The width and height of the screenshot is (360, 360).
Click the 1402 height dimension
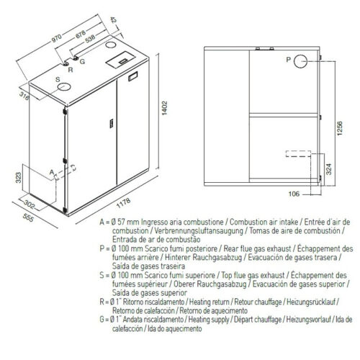coord(165,108)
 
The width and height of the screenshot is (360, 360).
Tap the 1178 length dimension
coord(124,203)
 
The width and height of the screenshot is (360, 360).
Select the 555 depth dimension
coord(28,218)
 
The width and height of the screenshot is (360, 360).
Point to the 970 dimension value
coord(57,38)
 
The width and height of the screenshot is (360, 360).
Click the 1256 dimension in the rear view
coord(340,129)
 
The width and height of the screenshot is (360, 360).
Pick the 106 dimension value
coord(294,194)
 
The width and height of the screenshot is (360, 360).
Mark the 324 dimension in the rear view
coord(329,169)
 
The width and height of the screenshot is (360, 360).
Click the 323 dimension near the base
coord(19,178)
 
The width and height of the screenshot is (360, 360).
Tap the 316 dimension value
coord(24,96)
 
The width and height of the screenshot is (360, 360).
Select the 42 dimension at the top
coord(113,20)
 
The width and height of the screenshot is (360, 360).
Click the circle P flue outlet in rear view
coord(300,61)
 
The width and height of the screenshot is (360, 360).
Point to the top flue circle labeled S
coord(64,86)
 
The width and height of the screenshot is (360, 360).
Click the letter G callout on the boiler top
coord(82,62)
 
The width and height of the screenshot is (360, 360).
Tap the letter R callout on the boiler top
coord(71,70)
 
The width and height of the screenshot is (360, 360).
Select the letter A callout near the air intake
coord(52,172)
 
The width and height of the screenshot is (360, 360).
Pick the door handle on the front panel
coord(112,124)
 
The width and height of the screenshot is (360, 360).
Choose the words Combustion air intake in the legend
coord(264,222)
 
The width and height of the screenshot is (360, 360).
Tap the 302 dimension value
coord(30,204)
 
